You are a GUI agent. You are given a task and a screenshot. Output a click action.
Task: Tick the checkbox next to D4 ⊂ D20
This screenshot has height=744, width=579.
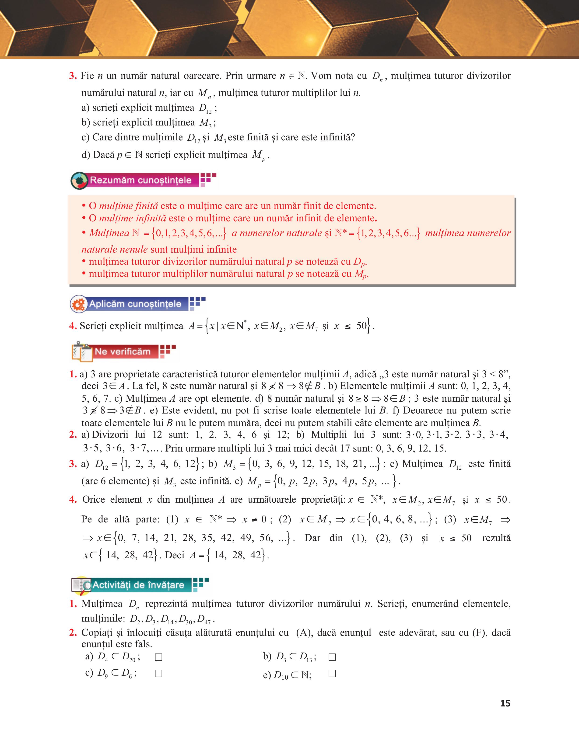pyautogui.click(x=158, y=657)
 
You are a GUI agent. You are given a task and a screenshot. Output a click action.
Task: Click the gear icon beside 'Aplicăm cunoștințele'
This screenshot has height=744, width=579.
pyautogui.click(x=79, y=304)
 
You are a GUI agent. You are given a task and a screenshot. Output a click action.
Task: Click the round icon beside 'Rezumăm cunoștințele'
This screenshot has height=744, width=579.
pyautogui.click(x=79, y=181)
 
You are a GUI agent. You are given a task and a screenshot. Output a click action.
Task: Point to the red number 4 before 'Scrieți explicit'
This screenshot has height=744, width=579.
pyautogui.click(x=73, y=326)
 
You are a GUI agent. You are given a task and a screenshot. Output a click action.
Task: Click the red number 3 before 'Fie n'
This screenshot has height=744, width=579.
pyautogui.click(x=73, y=76)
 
